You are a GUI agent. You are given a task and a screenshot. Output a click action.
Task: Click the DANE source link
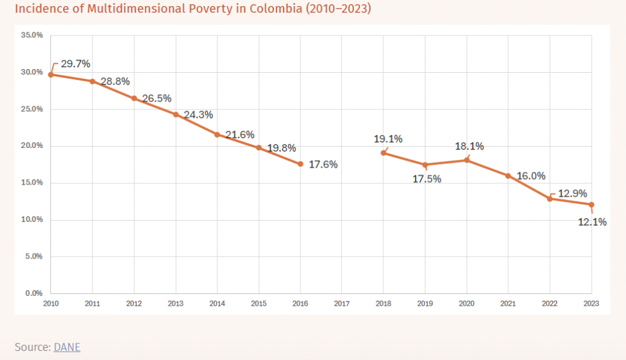coord(67,347)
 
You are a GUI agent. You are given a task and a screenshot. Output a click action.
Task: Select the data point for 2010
coord(51,75)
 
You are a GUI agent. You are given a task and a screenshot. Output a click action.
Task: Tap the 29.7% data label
coord(75,64)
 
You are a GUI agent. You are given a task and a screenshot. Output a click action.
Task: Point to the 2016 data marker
coord(300,164)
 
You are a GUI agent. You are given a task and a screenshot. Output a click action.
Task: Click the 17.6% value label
coord(323,164)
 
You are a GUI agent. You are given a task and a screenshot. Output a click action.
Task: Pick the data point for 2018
coord(383,153)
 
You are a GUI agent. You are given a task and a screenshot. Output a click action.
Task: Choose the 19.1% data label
coord(388,139)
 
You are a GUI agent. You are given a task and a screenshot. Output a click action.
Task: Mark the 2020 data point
coord(466,160)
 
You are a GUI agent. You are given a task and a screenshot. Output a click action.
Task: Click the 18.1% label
coord(469,147)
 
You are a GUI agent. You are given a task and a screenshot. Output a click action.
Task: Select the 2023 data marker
coord(592,205)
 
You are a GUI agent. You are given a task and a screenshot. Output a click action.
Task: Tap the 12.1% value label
coord(592,222)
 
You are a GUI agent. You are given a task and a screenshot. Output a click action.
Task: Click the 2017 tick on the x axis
coord(342,303)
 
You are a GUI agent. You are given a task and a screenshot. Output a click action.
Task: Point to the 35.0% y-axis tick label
coord(32,35)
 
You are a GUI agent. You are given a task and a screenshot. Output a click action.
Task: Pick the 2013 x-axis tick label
coord(175,303)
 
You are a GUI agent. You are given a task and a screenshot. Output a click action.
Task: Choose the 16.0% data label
coord(531,176)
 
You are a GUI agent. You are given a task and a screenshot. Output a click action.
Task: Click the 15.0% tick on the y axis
coord(32,183)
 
